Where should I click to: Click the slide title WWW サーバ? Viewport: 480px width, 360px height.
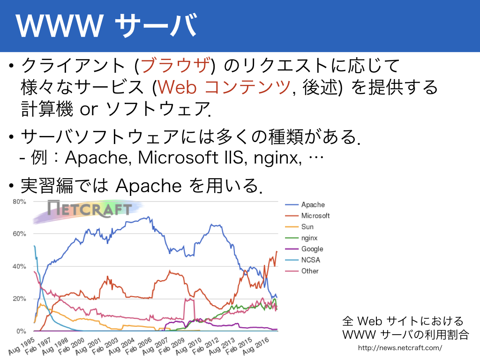(x=106, y=26)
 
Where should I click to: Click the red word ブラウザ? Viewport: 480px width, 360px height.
(x=176, y=65)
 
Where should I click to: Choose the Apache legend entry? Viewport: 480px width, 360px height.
(x=305, y=204)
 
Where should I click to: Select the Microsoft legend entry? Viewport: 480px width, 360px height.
(x=307, y=216)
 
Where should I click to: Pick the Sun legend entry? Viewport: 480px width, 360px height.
(x=300, y=226)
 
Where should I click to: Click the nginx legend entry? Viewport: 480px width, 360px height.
(x=301, y=238)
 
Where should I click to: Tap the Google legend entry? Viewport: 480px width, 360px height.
(x=304, y=249)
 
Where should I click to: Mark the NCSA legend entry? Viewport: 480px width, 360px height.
(x=302, y=260)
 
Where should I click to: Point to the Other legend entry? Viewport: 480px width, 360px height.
(x=302, y=271)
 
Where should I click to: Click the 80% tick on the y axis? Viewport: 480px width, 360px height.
(x=19, y=202)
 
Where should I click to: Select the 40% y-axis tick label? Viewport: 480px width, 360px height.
(x=19, y=266)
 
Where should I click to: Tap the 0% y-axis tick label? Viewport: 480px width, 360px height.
(x=21, y=331)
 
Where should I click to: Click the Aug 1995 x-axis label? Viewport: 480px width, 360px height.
(x=22, y=346)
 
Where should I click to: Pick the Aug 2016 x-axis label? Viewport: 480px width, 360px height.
(x=256, y=346)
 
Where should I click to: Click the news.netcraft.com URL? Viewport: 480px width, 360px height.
(x=400, y=348)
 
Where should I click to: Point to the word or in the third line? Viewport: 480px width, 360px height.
(x=89, y=109)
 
